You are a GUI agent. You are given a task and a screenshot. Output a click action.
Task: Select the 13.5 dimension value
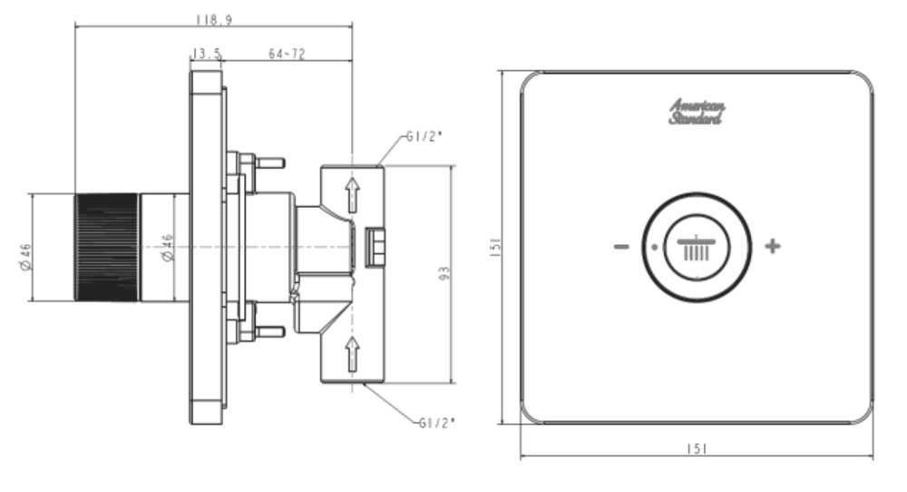coord(207,54)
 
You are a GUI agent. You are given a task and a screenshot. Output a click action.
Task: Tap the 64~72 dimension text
coord(287,54)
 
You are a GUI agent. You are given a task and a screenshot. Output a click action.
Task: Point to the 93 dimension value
coord(444,271)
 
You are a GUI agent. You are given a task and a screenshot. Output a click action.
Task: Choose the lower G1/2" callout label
coord(437,422)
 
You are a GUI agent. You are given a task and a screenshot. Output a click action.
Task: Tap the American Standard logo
coord(697,112)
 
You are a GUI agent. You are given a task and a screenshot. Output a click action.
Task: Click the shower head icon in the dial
coord(697,247)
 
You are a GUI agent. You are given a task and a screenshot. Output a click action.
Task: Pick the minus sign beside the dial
coord(621,246)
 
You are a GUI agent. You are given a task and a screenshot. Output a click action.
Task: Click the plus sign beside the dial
coord(772,246)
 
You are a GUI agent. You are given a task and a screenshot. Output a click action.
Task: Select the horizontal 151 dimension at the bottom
coord(697,449)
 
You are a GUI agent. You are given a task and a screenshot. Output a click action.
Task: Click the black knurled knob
coord(106,247)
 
